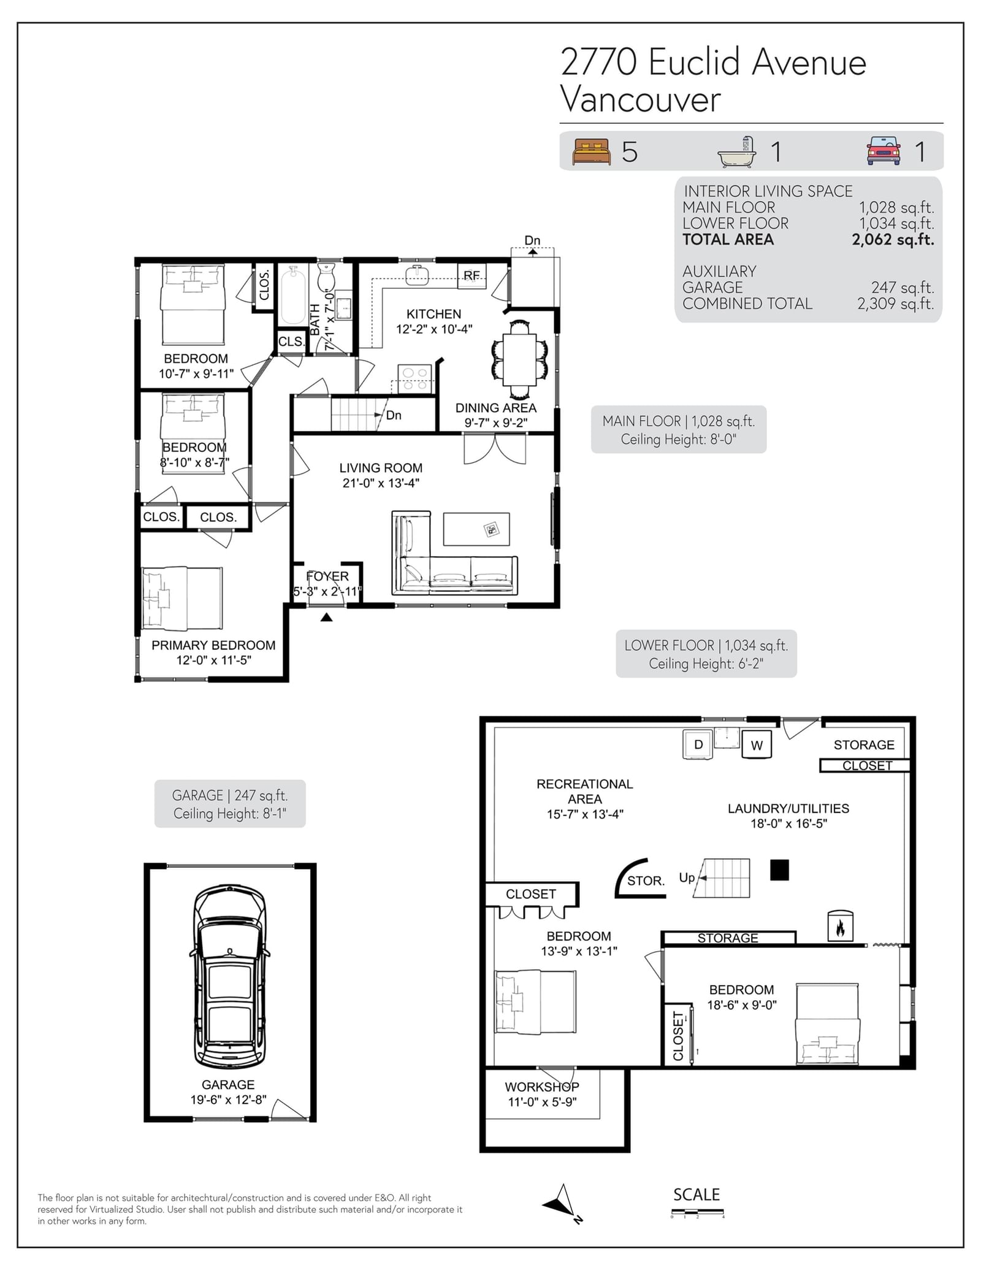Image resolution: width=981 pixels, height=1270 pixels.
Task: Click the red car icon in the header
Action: tap(884, 151)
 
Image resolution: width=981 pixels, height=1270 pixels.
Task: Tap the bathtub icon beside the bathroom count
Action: tap(737, 152)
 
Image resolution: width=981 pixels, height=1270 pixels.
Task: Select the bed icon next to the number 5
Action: tap(592, 151)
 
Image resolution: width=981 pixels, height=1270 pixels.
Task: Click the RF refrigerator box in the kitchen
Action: tap(471, 275)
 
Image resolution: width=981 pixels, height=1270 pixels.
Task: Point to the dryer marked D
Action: tap(698, 744)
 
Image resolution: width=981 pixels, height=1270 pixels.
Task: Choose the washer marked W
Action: tap(757, 744)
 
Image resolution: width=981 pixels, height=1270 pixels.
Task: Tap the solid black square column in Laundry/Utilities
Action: tap(779, 870)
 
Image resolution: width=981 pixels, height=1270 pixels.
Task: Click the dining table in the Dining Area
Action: tap(519, 359)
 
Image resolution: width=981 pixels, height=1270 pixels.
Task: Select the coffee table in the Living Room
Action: tap(476, 529)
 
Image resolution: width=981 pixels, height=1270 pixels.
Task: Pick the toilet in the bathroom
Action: tap(326, 277)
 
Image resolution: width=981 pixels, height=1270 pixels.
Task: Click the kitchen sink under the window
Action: tap(417, 275)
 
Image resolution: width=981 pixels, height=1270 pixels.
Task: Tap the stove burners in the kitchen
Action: tap(414, 378)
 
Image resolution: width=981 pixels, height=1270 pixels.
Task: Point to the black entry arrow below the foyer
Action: tap(326, 617)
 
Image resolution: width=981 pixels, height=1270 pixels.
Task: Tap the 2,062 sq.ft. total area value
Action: tap(893, 240)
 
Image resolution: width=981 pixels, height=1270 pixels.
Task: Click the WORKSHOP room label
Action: tap(542, 1087)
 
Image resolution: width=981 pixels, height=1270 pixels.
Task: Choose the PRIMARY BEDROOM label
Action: tap(213, 645)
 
